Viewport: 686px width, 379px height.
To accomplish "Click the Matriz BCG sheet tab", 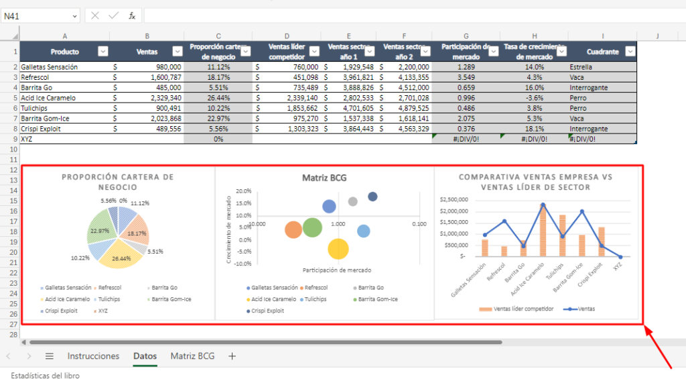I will coord(192,356).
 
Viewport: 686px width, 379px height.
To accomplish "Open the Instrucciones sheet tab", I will coord(93,356).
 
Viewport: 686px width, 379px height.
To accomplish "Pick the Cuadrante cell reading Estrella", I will coord(581,67).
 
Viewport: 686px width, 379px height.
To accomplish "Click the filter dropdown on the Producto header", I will coord(102,51).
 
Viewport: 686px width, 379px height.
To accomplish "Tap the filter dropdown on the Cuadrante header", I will coord(629,51).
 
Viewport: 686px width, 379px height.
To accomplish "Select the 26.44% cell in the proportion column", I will coord(218,98).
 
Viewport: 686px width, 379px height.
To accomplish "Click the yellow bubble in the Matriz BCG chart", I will coord(339,250).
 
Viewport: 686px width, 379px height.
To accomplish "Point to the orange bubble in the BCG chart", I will coord(293,230).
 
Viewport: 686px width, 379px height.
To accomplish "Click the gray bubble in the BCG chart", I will coord(353,201).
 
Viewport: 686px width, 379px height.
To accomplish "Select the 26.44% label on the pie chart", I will coord(121,258).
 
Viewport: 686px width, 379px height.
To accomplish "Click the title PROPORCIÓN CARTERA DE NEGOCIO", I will coord(118,182).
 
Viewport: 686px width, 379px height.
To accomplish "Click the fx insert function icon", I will coord(132,15).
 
